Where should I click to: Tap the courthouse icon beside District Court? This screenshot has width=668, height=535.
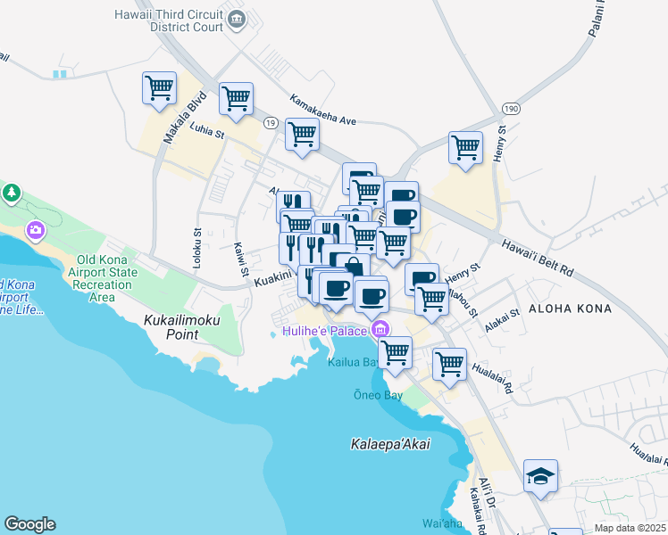(237, 19)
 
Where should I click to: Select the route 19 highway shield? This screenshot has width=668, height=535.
(269, 121)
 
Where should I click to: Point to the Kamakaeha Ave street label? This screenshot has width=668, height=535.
(322, 111)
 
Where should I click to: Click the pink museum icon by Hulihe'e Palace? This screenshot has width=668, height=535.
(380, 329)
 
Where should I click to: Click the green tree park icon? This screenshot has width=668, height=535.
(11, 192)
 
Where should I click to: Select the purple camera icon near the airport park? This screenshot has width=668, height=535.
(36, 230)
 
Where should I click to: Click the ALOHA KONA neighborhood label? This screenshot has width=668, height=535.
(570, 309)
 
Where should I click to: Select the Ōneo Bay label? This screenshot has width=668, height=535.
(380, 395)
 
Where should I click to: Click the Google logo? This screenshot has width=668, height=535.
(29, 524)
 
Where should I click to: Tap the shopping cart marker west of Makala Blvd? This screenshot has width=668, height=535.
(159, 89)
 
